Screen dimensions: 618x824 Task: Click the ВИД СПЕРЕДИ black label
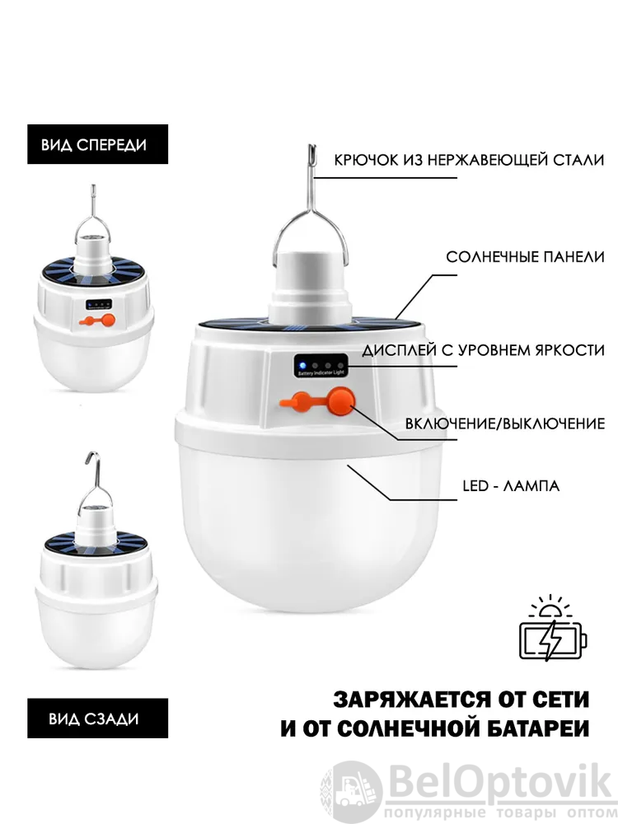tap(98, 144)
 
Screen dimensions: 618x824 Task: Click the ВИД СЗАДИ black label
tap(98, 718)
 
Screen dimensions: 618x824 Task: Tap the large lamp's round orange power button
tap(340, 401)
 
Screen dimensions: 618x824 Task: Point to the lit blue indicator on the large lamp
tap(302, 365)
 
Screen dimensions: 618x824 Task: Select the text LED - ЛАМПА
tap(511, 485)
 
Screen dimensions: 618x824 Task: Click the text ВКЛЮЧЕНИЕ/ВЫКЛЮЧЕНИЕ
tap(505, 424)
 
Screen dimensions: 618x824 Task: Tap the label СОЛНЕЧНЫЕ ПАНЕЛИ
tap(526, 257)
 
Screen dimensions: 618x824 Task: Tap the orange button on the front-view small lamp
tap(108, 320)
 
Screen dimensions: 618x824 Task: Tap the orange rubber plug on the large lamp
tap(296, 403)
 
